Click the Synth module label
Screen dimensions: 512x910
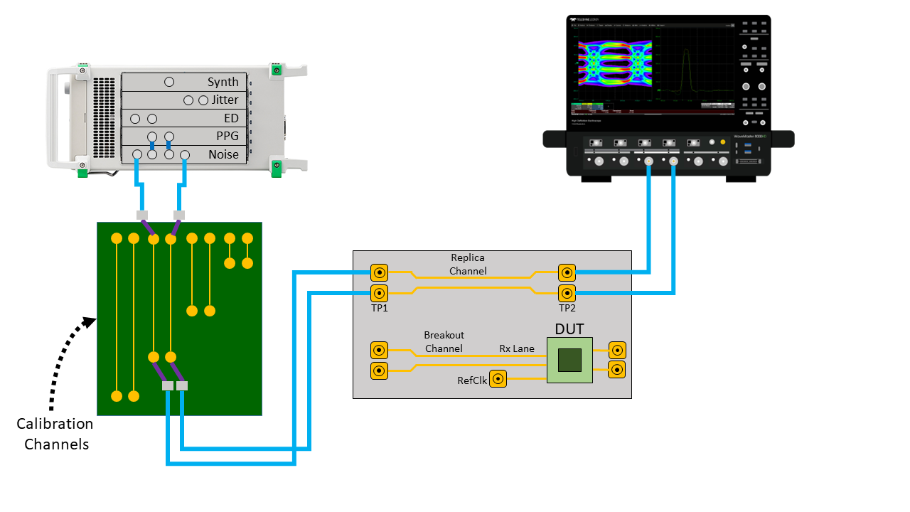coord(223,82)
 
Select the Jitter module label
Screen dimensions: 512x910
coord(225,100)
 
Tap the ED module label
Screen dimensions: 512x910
coord(231,118)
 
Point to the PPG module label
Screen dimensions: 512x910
coord(227,137)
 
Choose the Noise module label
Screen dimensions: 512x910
coord(223,154)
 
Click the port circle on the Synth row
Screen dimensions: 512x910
coord(169,82)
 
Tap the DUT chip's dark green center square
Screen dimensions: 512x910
coord(569,361)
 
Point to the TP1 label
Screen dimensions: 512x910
coord(379,308)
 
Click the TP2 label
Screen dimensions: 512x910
coord(567,308)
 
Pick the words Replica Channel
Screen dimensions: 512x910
coord(469,264)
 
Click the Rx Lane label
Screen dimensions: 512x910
coord(516,348)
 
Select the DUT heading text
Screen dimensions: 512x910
coord(569,329)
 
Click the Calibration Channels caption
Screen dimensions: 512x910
coord(55,434)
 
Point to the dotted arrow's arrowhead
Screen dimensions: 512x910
coord(90,321)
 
